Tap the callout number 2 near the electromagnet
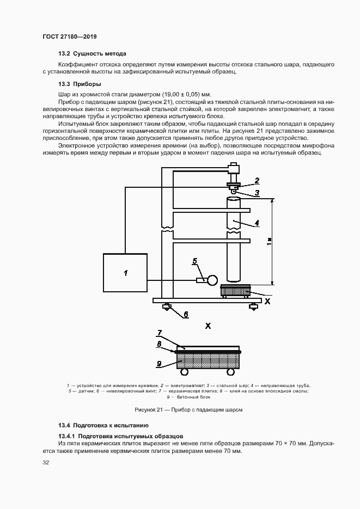pyautogui.click(x=257, y=180)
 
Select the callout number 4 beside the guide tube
pyautogui.click(x=257, y=222)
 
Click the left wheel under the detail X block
pyautogui.click(x=184, y=372)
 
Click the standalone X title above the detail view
pyautogui.click(x=208, y=326)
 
